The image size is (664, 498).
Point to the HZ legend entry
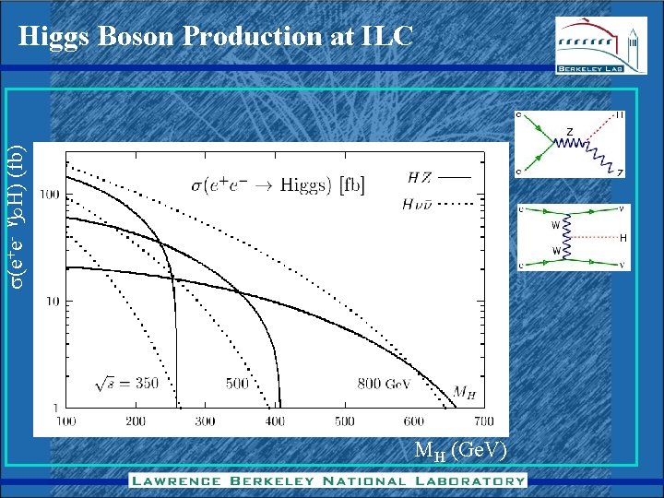pyautogui.click(x=438, y=176)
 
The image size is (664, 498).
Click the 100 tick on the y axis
pyautogui.click(x=50, y=195)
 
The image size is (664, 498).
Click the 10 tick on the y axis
pyautogui.click(x=53, y=301)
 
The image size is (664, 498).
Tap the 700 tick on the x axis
pyautogui.click(x=483, y=422)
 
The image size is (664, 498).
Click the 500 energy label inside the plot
pyautogui.click(x=237, y=382)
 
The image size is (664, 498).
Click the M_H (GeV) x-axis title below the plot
pyautogui.click(x=460, y=451)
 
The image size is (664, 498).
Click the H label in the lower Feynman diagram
pyautogui.click(x=623, y=238)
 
